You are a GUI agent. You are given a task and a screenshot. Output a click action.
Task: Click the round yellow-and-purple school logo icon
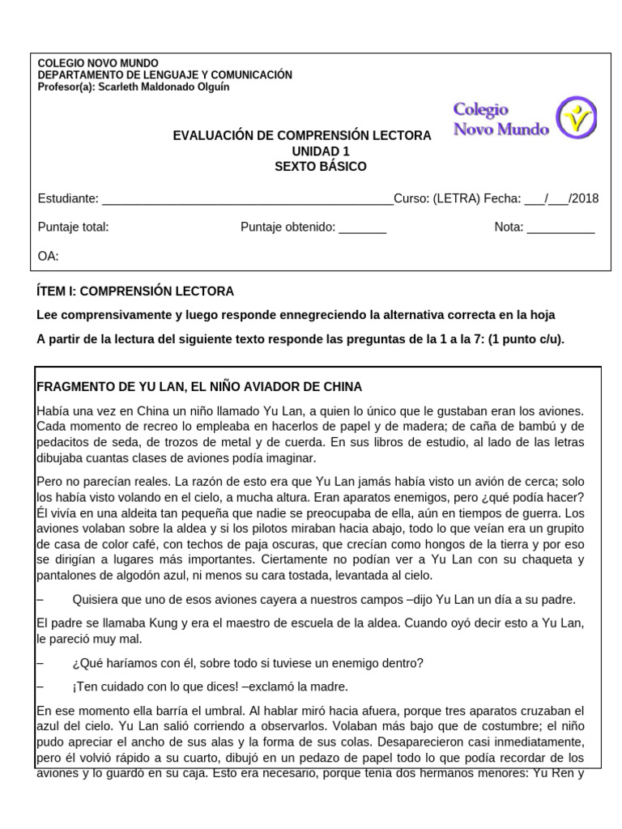click(x=577, y=118)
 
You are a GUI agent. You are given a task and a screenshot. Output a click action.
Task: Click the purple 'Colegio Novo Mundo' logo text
click(x=501, y=119)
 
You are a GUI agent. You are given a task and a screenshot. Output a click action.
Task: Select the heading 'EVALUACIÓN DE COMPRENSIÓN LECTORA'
click(x=302, y=136)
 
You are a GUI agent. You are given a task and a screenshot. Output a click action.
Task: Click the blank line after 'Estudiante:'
click(x=247, y=199)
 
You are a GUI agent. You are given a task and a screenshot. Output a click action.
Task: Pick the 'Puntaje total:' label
click(x=73, y=227)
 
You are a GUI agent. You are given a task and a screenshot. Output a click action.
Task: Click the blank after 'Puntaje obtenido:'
click(x=362, y=227)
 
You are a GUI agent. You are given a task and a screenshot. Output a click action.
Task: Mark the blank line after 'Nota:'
click(x=560, y=227)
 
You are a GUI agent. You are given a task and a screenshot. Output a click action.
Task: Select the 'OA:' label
click(x=49, y=256)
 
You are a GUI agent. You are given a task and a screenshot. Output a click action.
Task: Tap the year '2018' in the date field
click(x=584, y=199)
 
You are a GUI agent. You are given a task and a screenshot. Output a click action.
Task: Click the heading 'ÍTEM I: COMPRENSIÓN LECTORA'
click(x=135, y=291)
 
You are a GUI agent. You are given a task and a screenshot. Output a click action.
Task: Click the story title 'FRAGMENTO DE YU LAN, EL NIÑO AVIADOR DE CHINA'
click(x=199, y=387)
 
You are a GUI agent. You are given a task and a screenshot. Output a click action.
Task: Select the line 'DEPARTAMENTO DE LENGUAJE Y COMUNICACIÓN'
click(x=165, y=75)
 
